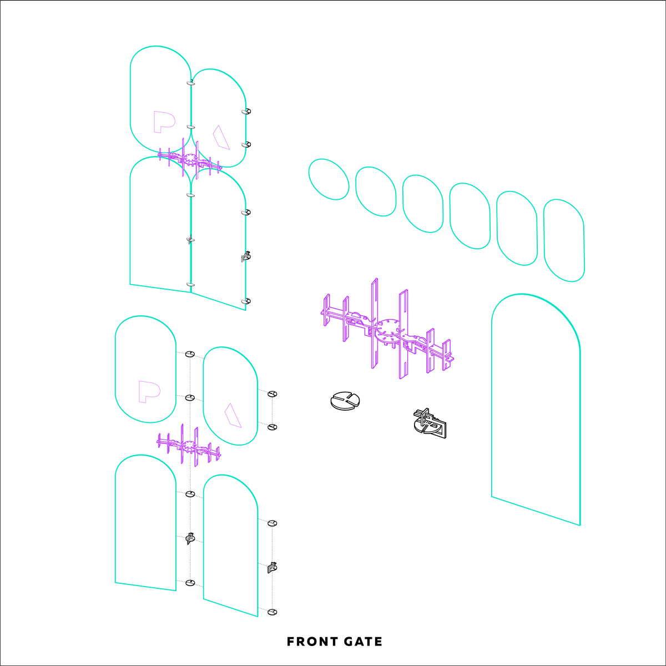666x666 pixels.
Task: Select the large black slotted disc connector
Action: [345, 401]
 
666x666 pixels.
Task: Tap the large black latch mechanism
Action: [430, 423]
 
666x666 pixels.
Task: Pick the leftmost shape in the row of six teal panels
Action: [329, 179]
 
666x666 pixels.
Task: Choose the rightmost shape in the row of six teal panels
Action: [564, 240]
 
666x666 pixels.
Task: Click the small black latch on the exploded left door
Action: [190, 538]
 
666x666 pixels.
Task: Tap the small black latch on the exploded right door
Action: [273, 567]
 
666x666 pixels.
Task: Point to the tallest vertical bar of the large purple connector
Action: [374, 323]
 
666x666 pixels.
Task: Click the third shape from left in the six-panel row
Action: [423, 204]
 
